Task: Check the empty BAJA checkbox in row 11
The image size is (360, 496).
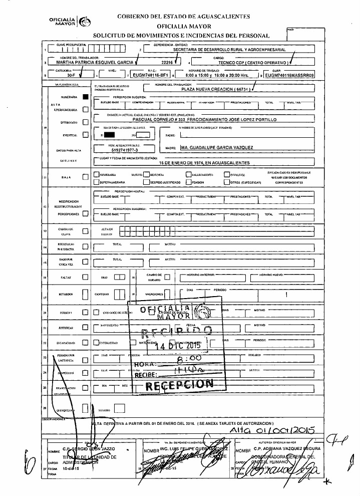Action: [x=85, y=177]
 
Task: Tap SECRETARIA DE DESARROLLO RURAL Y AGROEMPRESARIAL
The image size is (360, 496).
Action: [x=229, y=50]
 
